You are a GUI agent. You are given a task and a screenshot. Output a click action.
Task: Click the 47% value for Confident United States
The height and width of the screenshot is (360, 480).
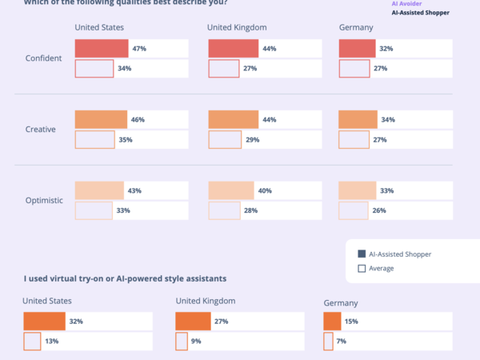pos(139,49)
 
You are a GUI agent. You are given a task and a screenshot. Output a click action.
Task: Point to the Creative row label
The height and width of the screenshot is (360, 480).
pos(40,129)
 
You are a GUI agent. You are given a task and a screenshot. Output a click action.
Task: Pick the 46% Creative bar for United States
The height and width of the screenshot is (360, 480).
pos(101,119)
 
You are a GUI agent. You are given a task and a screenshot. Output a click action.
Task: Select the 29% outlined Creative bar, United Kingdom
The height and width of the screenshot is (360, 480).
pos(225,139)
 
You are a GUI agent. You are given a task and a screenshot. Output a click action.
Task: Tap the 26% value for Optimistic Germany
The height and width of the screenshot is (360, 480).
pos(379,210)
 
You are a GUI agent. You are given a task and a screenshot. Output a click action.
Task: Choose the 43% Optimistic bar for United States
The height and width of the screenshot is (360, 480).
pos(99,190)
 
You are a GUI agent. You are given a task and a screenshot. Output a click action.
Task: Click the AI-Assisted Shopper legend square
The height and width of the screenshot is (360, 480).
pos(362,254)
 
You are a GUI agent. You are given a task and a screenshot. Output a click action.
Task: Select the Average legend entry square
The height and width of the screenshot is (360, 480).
pos(362,268)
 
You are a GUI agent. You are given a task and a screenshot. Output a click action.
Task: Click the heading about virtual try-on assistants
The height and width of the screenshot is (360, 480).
pos(125,278)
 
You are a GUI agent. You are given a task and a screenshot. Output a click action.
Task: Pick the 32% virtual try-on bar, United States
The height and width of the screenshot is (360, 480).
pos(43,321)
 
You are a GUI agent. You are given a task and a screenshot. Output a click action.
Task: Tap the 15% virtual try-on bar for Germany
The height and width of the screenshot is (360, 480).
pos(332,321)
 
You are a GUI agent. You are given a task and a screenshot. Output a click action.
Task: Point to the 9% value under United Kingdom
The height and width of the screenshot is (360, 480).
pos(194,341)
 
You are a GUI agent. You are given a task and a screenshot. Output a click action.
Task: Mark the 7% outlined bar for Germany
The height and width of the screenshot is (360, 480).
pos(328,341)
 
